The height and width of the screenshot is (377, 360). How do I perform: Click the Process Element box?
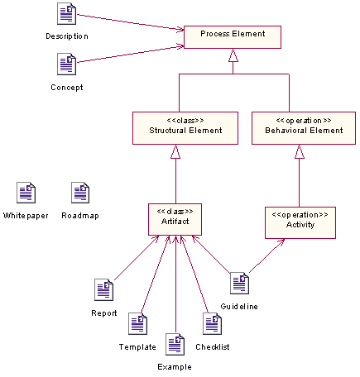(x=233, y=36)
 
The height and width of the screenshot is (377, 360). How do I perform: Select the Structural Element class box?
(x=176, y=127)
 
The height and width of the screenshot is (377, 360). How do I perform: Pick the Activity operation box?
(x=300, y=222)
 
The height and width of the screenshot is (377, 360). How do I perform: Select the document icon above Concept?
(x=67, y=64)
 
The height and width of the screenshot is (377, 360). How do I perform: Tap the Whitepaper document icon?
(x=26, y=193)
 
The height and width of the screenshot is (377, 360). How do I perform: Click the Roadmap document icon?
(x=80, y=193)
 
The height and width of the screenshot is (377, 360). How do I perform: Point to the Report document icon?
(x=104, y=290)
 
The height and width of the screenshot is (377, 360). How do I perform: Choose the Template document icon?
(x=137, y=323)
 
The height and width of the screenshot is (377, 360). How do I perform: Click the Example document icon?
(x=175, y=344)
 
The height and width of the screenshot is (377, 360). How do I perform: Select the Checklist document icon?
(x=212, y=323)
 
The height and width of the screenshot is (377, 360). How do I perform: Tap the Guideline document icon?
(x=240, y=283)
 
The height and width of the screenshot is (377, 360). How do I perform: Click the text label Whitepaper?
(x=26, y=216)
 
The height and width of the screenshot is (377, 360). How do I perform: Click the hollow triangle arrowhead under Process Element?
(x=233, y=56)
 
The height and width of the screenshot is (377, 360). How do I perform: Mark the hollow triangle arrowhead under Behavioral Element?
(x=300, y=151)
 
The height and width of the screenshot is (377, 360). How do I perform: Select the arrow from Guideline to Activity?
(x=267, y=255)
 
